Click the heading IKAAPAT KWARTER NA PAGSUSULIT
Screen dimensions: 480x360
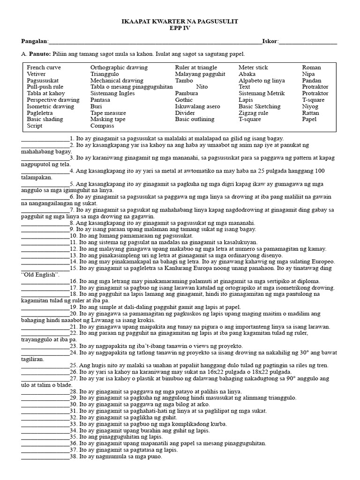click(180, 22)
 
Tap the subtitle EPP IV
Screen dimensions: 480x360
click(180, 28)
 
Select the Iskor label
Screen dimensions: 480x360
click(270, 41)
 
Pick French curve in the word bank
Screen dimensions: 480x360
click(44, 67)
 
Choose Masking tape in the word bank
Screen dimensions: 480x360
click(108, 120)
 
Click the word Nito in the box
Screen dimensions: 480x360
click(202, 87)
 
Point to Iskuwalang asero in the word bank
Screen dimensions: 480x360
click(197, 106)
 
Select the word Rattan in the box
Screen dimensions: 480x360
click(310, 113)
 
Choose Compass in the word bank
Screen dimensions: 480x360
click(102, 126)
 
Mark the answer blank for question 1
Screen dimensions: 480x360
click(45, 139)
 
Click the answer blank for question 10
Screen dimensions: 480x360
click(45, 236)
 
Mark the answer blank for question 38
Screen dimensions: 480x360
click(45, 457)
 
